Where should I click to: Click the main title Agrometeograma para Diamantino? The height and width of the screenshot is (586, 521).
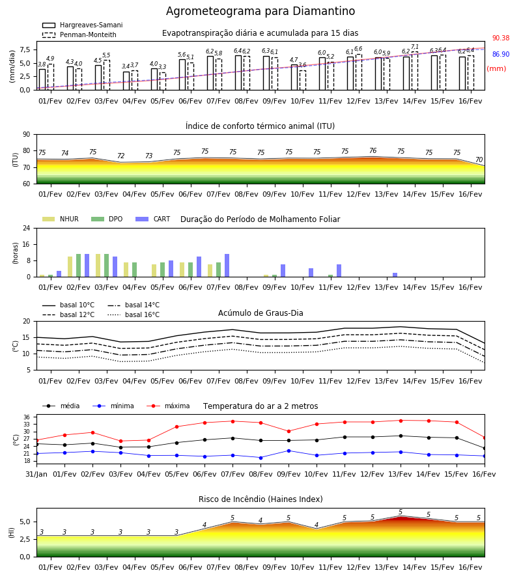[260, 11]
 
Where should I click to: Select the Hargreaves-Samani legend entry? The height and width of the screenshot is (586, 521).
[83, 25]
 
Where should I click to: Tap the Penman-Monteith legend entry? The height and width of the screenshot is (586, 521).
[79, 35]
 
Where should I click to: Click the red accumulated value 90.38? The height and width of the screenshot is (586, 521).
[501, 38]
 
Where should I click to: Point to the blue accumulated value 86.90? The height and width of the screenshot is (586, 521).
[501, 54]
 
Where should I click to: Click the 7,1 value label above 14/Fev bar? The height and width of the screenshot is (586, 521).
[415, 47]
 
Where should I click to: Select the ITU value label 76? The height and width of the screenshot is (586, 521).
[373, 150]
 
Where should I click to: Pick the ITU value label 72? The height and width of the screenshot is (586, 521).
[120, 156]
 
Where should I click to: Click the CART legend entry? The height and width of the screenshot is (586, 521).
[153, 219]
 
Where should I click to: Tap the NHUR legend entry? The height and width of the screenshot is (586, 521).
[61, 219]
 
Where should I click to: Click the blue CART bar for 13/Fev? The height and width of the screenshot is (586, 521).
[395, 275]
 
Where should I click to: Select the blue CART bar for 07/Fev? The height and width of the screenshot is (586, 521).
[227, 266]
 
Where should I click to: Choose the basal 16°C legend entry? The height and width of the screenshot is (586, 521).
[134, 314]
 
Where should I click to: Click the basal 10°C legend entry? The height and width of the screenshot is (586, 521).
[68, 305]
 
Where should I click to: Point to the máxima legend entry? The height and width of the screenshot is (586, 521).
[168, 406]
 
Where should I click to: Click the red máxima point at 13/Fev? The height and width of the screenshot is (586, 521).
[401, 421]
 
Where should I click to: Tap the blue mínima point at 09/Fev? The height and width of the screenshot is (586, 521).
[289, 451]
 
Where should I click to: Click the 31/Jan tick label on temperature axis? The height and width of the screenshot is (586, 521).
[36, 474]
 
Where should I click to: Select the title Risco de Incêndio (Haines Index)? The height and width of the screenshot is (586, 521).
[260, 499]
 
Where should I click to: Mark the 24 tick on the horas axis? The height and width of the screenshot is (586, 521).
[27, 228]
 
